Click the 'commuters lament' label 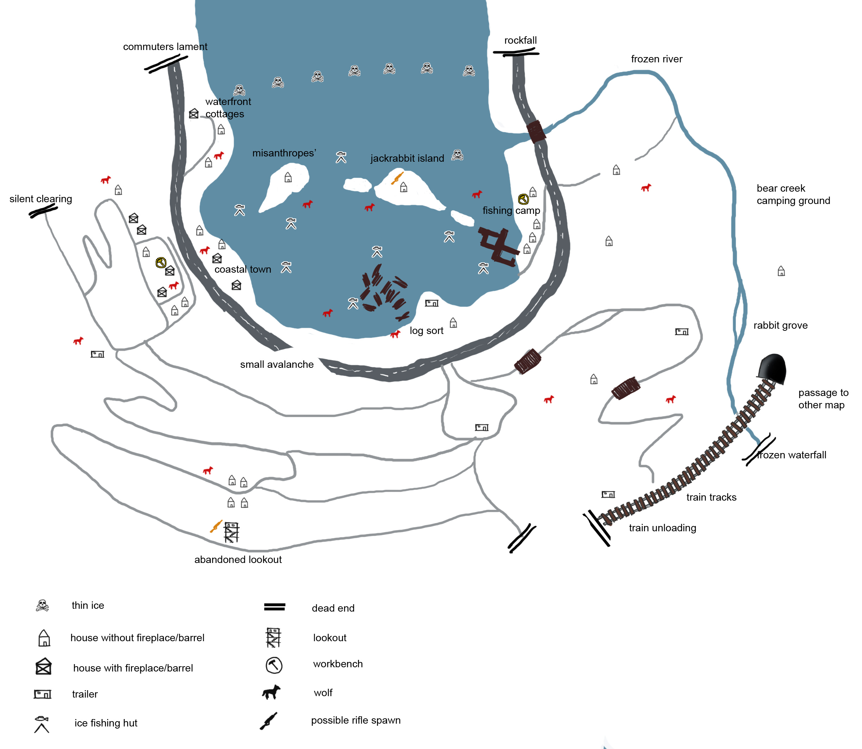[165, 47]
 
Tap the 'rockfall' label [520, 40]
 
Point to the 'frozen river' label [656, 59]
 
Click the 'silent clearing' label [41, 199]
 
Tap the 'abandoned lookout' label [238, 559]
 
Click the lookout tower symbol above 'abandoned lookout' [231, 532]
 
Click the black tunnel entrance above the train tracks [772, 368]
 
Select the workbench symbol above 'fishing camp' [523, 199]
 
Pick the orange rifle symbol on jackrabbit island [397, 178]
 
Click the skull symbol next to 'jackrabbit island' [458, 155]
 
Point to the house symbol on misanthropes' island [288, 177]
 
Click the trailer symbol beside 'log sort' [432, 303]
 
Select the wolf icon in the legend [271, 693]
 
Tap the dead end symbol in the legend [274, 607]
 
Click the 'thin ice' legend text [88, 605]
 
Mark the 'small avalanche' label [277, 365]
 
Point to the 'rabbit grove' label [780, 325]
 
